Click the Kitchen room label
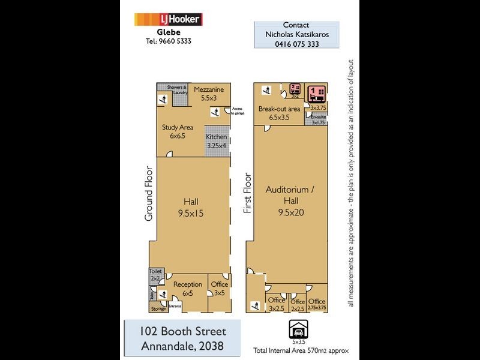pyautogui.click(x=217, y=141)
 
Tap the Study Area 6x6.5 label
pyautogui.click(x=176, y=131)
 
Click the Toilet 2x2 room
pyautogui.click(x=155, y=275)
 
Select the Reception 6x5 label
pyautogui.click(x=188, y=288)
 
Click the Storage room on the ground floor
pyautogui.click(x=158, y=309)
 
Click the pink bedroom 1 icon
pyautogui.click(x=316, y=93)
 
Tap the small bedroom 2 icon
pyautogui.click(x=295, y=89)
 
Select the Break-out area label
pyautogui.click(x=279, y=113)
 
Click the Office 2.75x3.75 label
pyautogui.click(x=317, y=304)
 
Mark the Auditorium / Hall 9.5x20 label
pyautogui.click(x=287, y=200)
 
